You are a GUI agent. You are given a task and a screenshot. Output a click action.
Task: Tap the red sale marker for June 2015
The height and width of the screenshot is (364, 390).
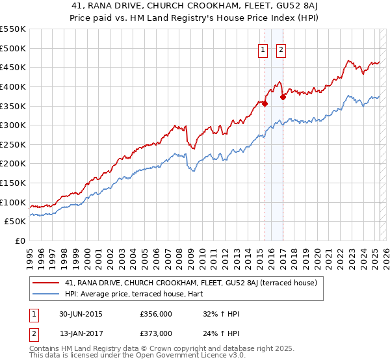[x=265, y=103]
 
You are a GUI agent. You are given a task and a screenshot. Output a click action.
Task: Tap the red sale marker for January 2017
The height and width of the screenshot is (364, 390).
[x=283, y=97]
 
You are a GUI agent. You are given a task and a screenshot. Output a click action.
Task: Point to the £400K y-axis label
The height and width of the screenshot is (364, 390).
[x=14, y=86]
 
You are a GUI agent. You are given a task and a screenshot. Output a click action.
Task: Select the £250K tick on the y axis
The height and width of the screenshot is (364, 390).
[x=14, y=144]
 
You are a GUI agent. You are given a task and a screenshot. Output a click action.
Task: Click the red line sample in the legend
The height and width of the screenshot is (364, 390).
[x=45, y=283]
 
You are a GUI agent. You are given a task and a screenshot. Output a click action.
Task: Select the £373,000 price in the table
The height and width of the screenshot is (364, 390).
[x=156, y=333]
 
